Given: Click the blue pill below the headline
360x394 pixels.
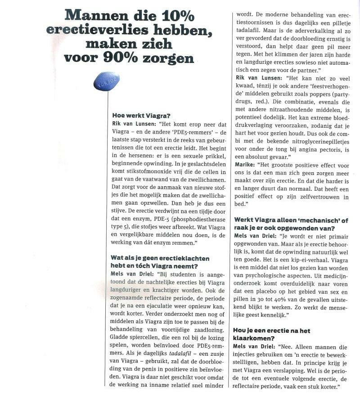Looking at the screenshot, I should pos(107,81).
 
